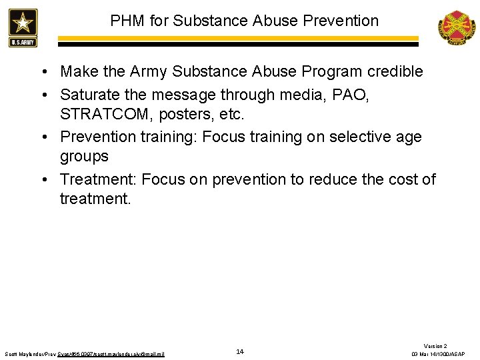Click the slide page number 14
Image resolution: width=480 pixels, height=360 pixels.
pyautogui.click(x=240, y=351)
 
